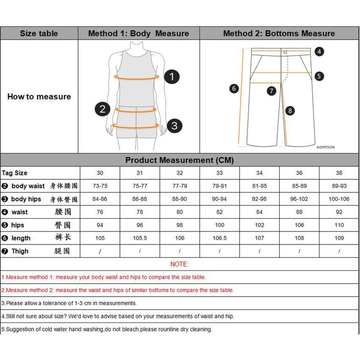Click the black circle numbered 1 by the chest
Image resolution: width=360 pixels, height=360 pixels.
point(172,76)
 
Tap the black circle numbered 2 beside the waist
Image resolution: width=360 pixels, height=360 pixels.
point(102,109)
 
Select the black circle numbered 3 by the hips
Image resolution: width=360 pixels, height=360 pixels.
point(174,126)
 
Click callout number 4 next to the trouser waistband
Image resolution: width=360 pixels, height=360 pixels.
point(319,52)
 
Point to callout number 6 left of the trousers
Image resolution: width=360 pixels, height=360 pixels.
point(234,88)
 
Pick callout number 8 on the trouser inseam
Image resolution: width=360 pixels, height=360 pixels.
point(290,111)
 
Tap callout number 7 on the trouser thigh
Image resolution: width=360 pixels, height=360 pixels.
point(271,91)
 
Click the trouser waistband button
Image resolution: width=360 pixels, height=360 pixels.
point(285,52)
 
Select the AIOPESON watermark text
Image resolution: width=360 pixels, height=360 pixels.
point(325,147)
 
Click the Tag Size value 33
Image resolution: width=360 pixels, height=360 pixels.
point(220,173)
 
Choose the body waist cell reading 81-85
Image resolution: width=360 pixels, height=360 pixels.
point(259,186)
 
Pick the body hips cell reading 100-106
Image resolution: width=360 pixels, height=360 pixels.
point(339,199)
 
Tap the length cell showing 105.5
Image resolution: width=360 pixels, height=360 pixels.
point(140,238)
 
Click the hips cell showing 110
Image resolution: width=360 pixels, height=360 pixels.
point(339,225)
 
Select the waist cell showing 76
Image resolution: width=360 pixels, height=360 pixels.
point(100,212)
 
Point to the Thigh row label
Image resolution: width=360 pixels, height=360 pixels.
point(20,251)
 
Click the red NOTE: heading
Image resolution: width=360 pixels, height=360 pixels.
point(179,264)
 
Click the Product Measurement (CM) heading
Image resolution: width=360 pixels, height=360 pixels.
point(179,160)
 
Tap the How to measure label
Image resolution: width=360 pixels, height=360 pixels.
point(39,97)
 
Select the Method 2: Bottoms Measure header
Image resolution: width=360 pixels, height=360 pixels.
point(279,33)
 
